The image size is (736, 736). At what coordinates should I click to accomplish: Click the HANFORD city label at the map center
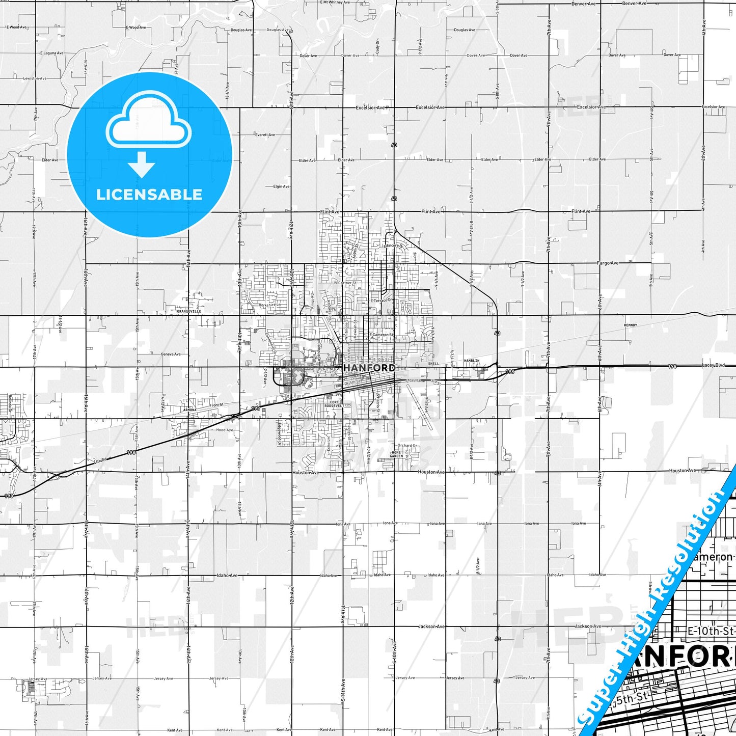pos(369,368)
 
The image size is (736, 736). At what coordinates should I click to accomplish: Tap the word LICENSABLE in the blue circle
pos(149,195)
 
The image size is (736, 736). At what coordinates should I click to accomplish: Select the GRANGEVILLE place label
pos(189,311)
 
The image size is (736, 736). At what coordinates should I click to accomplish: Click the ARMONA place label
pos(189,410)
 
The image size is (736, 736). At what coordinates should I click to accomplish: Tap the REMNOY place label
pos(630,325)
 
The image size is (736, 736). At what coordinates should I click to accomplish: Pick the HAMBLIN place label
pos(472,361)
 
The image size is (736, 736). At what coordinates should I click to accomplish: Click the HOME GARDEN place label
pos(396,454)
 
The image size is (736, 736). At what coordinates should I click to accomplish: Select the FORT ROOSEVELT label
pos(334,404)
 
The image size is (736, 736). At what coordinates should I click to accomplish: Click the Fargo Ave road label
pos(608,263)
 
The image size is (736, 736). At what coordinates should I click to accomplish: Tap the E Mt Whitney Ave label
pos(335,3)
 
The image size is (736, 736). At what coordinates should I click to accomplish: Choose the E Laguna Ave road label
pos(51,53)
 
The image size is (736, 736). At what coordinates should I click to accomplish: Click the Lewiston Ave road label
pos(35,78)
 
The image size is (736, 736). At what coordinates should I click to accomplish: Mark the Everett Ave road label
pos(265,135)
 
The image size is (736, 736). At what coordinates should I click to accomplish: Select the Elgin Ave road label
pos(281,186)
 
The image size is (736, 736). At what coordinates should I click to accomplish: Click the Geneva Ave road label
pos(171,354)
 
